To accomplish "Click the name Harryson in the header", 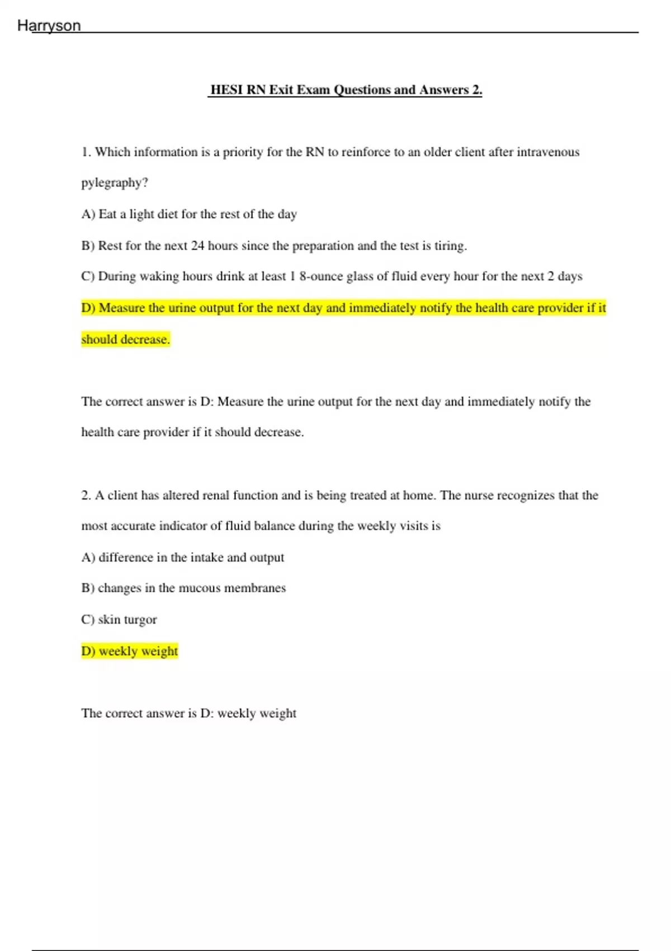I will (x=49, y=26).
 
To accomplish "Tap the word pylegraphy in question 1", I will (x=114, y=183).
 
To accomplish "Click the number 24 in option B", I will (x=197, y=246).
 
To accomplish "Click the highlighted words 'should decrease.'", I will (x=125, y=340).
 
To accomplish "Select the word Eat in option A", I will (x=108, y=214).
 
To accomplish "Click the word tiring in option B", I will (x=450, y=246).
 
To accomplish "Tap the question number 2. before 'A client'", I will (x=86, y=496).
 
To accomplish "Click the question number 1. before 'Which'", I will (x=86, y=152).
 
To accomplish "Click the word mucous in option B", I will (x=200, y=588).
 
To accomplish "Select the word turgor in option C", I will (x=140, y=620).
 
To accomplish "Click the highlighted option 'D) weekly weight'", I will (x=130, y=651).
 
